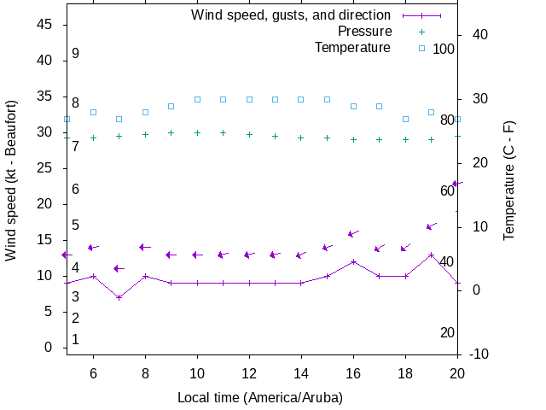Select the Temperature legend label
(x=352, y=48)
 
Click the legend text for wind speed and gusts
(x=290, y=15)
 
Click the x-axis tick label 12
(x=249, y=372)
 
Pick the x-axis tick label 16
(x=353, y=372)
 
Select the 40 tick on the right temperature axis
(x=475, y=35)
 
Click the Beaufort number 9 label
(x=75, y=53)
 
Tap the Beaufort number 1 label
(x=75, y=339)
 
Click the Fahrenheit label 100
(x=444, y=49)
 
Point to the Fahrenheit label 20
(x=447, y=332)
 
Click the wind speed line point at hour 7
(x=119, y=297)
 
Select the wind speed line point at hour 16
(x=353, y=261)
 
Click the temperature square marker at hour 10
(x=197, y=99)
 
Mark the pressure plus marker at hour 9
(x=171, y=132)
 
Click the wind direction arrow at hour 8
(x=145, y=248)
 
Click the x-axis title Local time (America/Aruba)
(x=260, y=397)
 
